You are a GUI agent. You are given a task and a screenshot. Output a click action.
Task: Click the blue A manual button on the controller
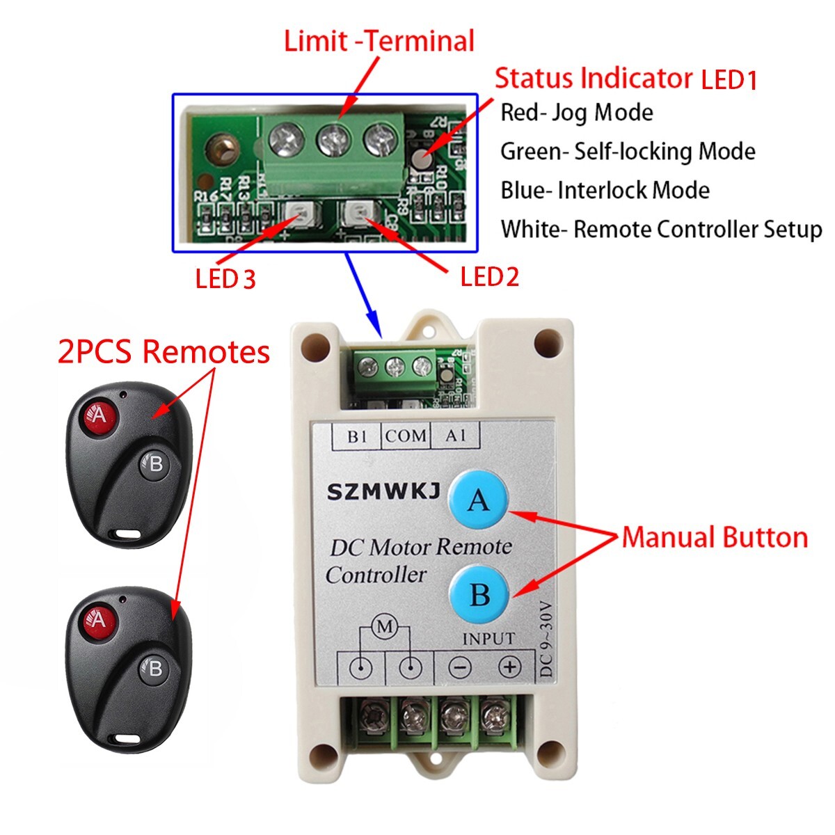pos(479,500)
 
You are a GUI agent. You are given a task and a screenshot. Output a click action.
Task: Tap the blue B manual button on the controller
pos(479,595)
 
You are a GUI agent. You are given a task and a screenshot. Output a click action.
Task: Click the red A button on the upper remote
pos(98,416)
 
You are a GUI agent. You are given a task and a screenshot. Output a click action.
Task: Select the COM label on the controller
pos(406,436)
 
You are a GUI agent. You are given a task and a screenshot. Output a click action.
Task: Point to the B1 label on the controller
pos(357,436)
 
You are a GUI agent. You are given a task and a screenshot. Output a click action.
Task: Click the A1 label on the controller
pos(456,436)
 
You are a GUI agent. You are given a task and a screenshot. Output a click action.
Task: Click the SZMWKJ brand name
pos(383,492)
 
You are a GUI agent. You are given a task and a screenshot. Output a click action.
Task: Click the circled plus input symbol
pos(510,667)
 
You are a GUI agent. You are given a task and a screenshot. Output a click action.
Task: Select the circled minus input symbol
pos(460,668)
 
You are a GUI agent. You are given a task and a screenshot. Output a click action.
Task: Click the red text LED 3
pos(225,280)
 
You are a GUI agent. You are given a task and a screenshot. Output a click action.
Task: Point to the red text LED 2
pos(490,278)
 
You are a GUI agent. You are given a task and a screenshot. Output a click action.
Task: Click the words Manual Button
pos(715,538)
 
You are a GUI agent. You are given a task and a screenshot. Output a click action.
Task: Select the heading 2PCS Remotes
pos(164,352)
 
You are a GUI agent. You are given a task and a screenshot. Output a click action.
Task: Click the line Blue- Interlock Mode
pos(605,191)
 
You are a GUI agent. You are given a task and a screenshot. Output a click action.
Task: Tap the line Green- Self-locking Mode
pos(628,152)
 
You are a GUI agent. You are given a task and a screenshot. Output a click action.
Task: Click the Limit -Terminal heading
pos(379,41)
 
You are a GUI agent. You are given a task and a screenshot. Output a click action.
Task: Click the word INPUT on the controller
pos(488,638)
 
